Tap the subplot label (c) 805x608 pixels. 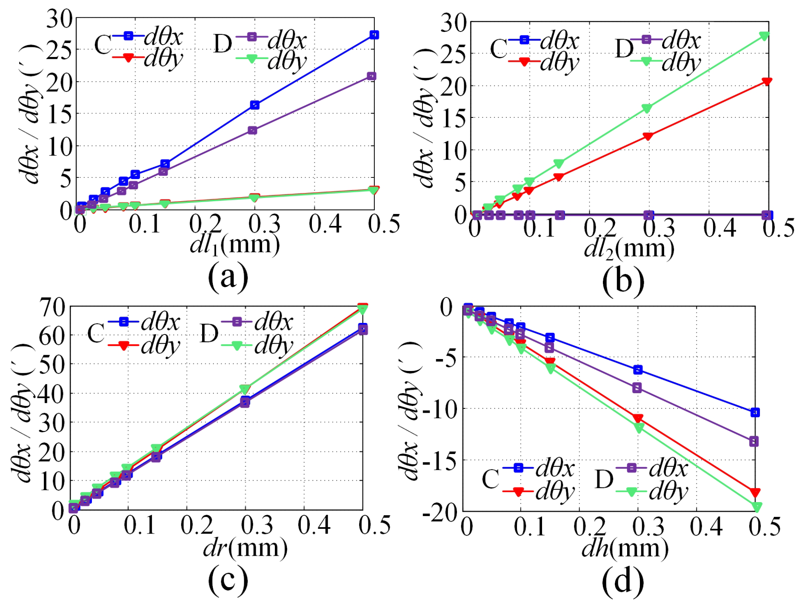click(228, 579)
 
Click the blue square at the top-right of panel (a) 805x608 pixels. click(374, 35)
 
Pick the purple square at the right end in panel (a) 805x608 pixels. click(371, 76)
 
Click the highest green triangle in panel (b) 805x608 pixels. click(764, 36)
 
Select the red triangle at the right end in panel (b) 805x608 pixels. click(767, 82)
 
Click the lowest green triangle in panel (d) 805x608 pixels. click(756, 507)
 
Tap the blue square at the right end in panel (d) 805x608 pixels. click(755, 412)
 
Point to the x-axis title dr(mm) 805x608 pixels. click(245, 548)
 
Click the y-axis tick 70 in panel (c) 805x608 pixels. click(51, 306)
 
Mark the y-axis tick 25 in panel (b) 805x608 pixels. click(453, 54)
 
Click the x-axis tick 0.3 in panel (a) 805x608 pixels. click(264, 224)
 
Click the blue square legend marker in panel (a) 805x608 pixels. click(128, 36)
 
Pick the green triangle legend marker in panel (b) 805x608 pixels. click(646, 62)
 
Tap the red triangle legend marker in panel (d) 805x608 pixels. click(518, 492)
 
